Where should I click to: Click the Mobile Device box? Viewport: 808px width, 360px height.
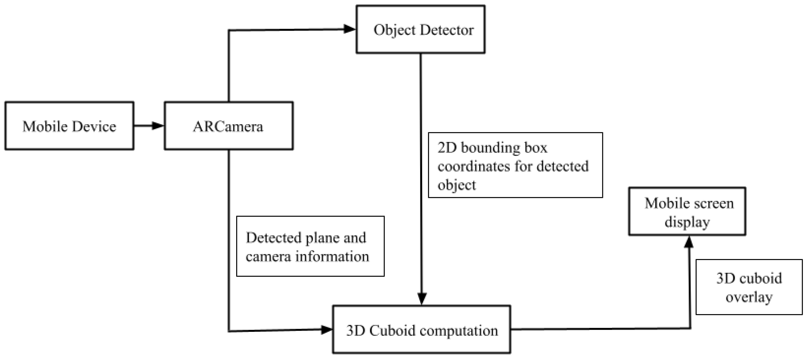coord(69,126)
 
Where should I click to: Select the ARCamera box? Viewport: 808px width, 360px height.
coord(229,126)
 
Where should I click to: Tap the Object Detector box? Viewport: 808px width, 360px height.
coord(421,29)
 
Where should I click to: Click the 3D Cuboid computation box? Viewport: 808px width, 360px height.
coord(422,330)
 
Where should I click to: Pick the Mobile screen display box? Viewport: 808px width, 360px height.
coord(687,211)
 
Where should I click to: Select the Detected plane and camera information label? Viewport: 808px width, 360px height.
coord(310,246)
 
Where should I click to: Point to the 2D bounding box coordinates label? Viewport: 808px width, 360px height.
coord(515,165)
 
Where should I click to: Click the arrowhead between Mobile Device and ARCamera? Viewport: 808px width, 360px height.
coord(158,126)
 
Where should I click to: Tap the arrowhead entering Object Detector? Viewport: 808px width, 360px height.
coord(349,29)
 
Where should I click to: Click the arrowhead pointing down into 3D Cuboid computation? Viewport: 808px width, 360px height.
coord(422,298)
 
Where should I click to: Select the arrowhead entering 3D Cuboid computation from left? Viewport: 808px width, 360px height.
coord(326,330)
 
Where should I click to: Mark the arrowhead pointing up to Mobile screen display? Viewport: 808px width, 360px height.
coord(689,242)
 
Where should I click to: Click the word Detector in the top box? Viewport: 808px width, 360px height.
coord(447,30)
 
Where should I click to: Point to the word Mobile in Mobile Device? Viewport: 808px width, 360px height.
coord(45,126)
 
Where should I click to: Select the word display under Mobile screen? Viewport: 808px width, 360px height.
coord(687,222)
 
